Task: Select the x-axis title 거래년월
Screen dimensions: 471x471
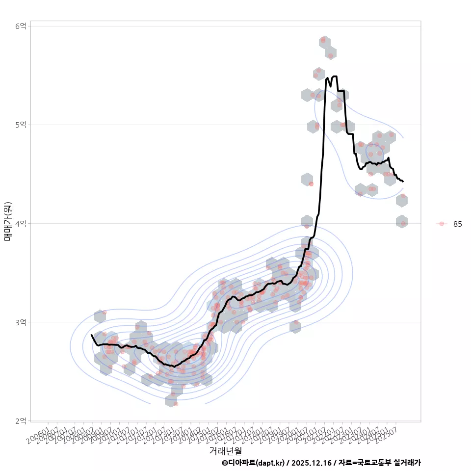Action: (x=225, y=450)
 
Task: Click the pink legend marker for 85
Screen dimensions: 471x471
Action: (x=442, y=224)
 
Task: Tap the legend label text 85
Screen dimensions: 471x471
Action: (x=457, y=224)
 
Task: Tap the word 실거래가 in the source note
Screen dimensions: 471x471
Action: (x=407, y=463)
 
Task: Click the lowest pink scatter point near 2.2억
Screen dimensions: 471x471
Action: (x=175, y=403)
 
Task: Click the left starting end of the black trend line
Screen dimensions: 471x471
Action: (x=92, y=335)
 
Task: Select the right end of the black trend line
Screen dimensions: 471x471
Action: (x=403, y=182)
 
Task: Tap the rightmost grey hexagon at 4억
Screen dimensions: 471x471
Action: (x=402, y=222)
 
